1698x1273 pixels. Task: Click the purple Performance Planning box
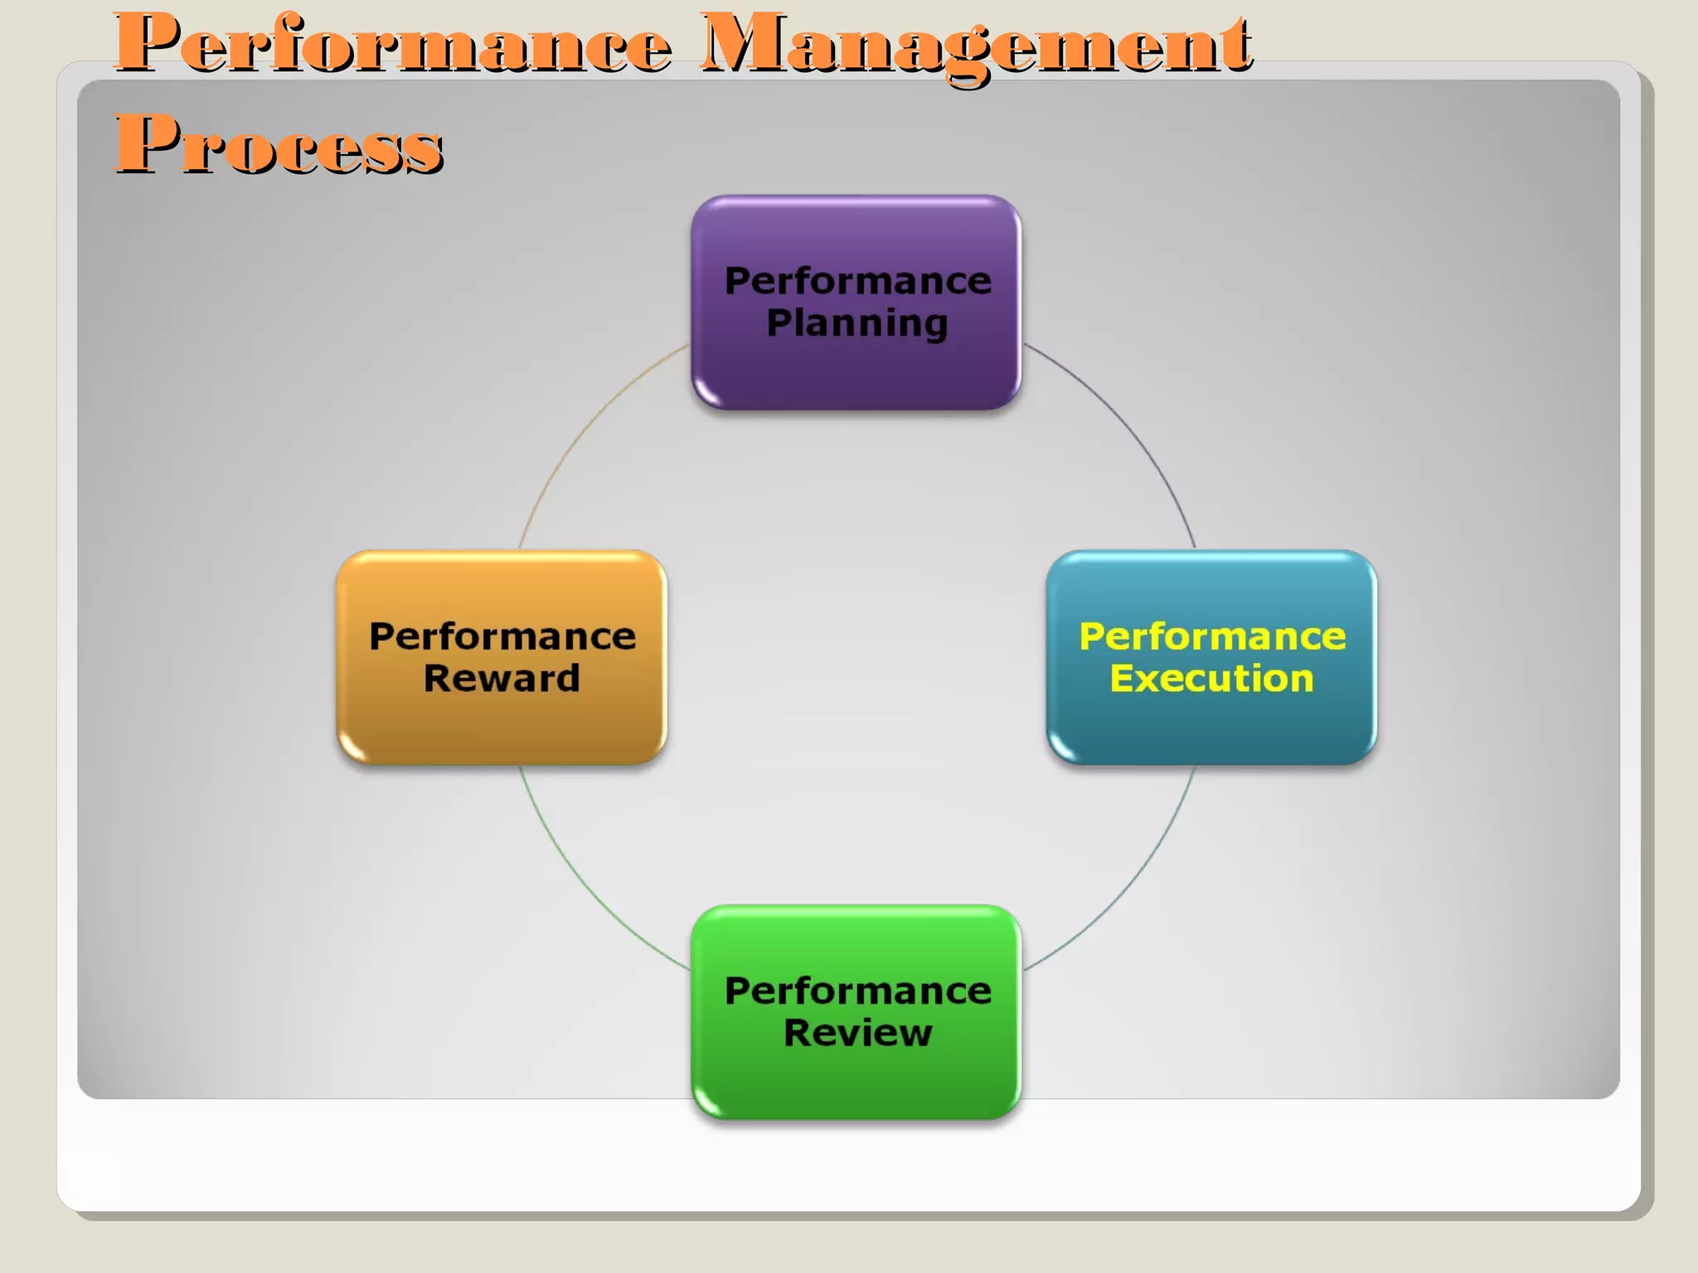856,373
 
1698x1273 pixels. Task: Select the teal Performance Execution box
1211,729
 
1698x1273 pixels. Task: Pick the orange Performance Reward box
502,729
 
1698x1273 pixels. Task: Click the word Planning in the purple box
857,323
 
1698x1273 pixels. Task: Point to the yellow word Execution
1211,679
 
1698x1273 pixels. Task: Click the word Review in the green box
858,1033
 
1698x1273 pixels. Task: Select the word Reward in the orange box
502,679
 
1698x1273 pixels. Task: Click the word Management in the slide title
975,45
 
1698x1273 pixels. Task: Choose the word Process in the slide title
279,144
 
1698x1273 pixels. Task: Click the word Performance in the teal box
1212,636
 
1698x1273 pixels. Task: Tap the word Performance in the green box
858,991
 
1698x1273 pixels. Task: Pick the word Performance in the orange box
502,636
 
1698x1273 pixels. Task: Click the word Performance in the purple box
858,281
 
